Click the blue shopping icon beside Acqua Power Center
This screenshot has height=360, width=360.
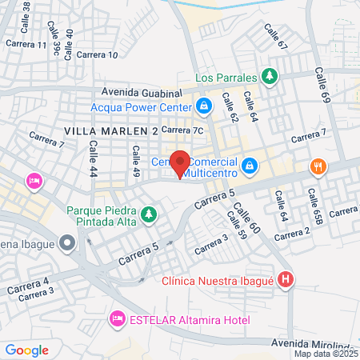[204, 106]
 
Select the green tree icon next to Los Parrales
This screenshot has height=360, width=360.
[270, 78]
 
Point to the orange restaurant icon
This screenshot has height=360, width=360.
[318, 166]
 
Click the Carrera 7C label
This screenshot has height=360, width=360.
[184, 129]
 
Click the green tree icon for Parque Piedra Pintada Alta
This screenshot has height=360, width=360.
[147, 214]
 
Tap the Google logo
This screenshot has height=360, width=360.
[26, 350]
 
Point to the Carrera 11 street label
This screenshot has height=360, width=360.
[26, 44]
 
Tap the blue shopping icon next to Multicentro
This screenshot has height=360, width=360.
[250, 166]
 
